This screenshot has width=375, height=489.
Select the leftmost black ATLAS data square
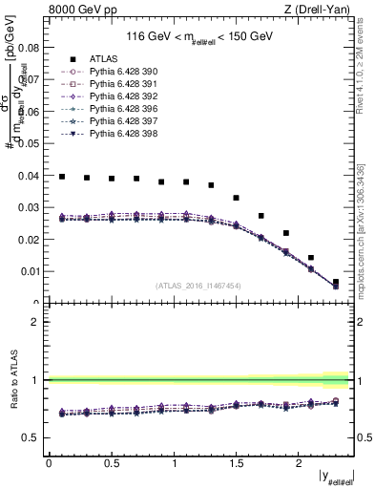click(x=62, y=177)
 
